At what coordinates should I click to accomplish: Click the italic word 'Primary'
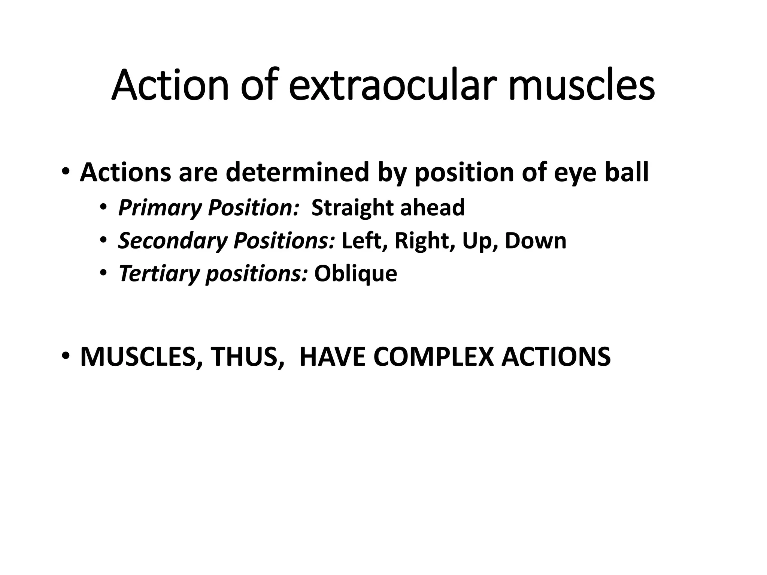tap(160, 208)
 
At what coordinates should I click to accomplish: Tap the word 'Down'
tap(536, 241)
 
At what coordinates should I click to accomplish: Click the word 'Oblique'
tap(355, 274)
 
